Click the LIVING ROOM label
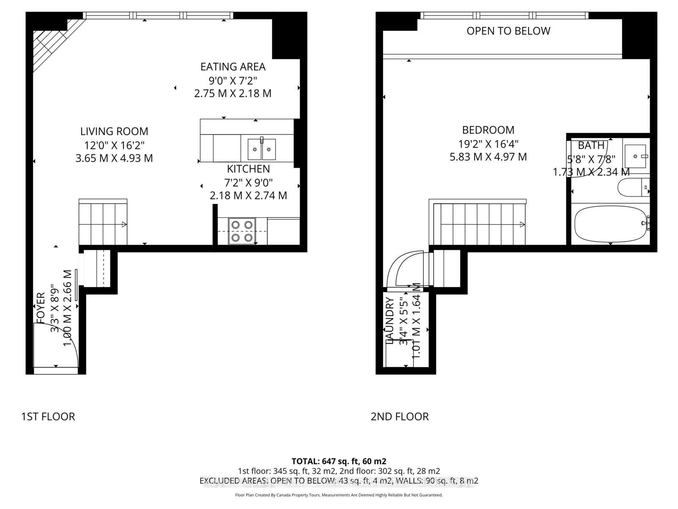click(x=114, y=131)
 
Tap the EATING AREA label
click(x=233, y=67)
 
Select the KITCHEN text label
click(x=248, y=169)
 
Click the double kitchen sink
click(x=261, y=149)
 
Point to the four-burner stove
click(x=242, y=231)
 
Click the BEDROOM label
click(x=488, y=130)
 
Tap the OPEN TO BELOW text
click(x=508, y=31)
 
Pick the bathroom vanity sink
click(x=635, y=156)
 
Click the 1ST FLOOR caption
click(x=48, y=417)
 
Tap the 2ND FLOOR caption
click(x=400, y=417)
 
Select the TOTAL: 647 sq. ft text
click(x=339, y=461)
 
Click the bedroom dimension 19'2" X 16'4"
click(x=488, y=144)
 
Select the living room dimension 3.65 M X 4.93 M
click(x=114, y=158)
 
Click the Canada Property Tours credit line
click(x=339, y=495)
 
